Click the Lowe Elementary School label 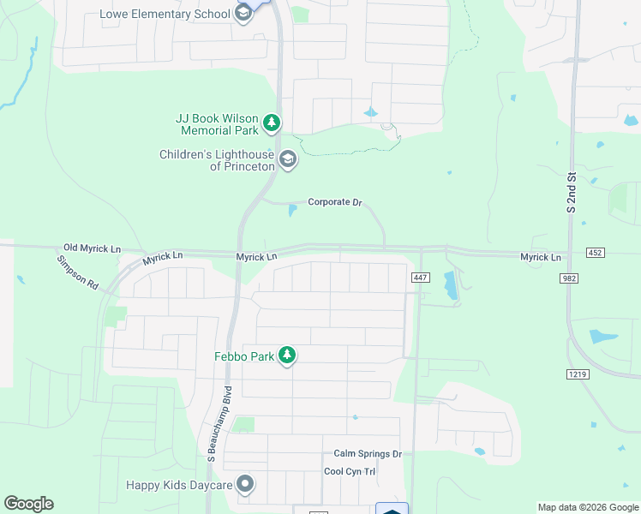tap(165, 14)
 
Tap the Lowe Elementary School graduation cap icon tap(243, 14)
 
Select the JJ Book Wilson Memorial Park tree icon tap(272, 123)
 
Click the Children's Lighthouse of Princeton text tap(217, 160)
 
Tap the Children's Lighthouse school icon tap(289, 159)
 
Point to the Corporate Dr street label tap(335, 202)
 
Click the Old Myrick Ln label tap(93, 248)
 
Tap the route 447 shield tap(420, 277)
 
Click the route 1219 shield tap(577, 374)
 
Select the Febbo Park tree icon tap(287, 356)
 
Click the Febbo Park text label tap(244, 356)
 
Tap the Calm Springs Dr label tap(368, 454)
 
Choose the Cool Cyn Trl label tap(350, 471)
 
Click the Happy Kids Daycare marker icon tap(246, 485)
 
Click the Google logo tap(28, 504)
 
